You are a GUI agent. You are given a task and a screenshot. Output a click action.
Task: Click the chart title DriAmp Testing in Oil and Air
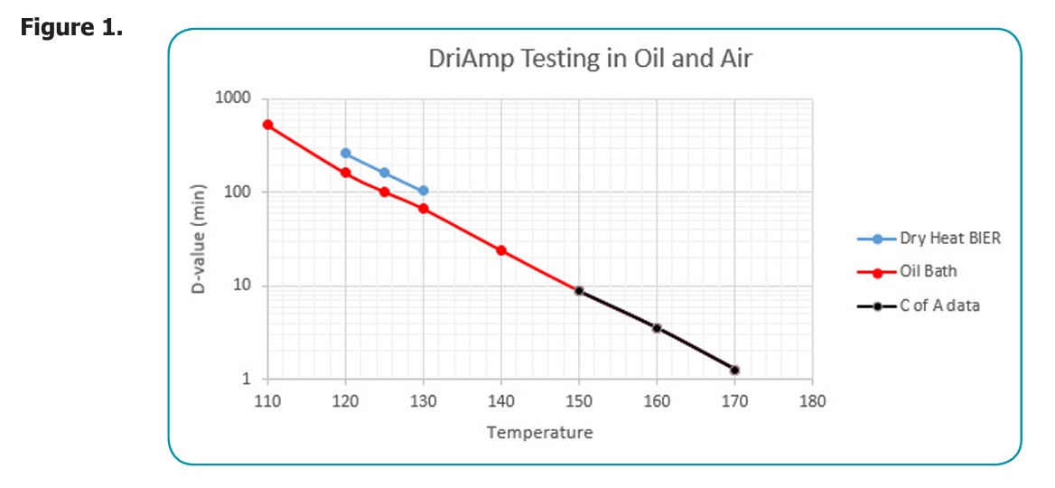590,60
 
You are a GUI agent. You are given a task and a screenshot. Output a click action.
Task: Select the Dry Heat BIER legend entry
949,239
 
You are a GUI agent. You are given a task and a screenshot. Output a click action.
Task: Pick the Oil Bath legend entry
928,271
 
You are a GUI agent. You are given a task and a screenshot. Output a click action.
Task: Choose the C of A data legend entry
939,305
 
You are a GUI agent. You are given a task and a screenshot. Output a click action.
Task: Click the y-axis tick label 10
241,286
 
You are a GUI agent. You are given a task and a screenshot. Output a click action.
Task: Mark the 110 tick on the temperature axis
267,400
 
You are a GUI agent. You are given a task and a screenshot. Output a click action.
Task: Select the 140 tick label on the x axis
501,400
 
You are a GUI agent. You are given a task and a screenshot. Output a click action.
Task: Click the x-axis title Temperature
540,432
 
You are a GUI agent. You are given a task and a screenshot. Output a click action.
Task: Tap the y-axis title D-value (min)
201,239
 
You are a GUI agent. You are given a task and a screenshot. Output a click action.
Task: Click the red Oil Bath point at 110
267,125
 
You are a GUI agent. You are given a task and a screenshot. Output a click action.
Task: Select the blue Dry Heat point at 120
345,153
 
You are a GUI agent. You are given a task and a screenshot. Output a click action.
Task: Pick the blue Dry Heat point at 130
423,191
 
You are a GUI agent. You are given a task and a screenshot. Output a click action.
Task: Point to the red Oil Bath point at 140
501,250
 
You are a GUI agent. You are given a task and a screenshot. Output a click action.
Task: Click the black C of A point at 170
735,370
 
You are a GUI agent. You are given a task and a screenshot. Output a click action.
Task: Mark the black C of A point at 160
657,328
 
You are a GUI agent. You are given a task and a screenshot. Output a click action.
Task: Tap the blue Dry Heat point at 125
384,173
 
